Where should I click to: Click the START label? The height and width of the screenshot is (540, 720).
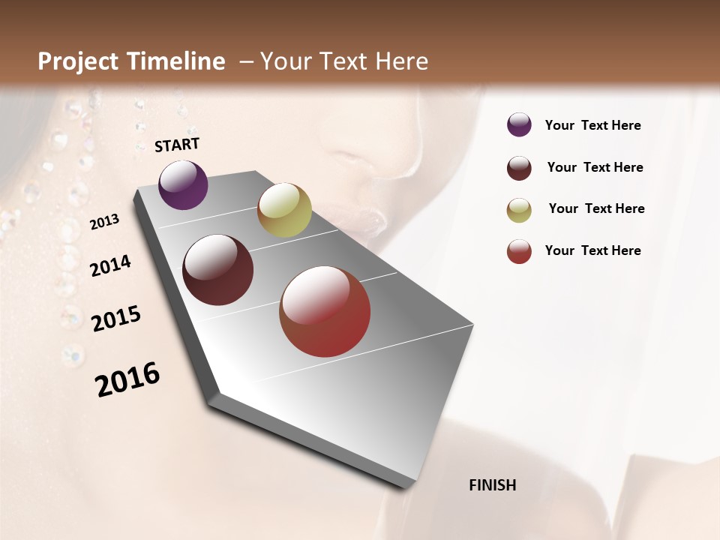[177, 145]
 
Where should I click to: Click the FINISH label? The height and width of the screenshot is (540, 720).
[492, 485]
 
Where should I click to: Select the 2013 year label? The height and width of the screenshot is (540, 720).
[104, 222]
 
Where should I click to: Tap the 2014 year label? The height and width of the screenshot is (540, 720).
[110, 265]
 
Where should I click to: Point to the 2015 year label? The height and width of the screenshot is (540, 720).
[116, 319]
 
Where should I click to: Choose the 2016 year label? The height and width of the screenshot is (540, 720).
[127, 379]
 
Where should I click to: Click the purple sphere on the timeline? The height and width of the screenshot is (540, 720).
[183, 184]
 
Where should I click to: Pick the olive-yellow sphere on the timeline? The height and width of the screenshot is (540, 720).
[284, 209]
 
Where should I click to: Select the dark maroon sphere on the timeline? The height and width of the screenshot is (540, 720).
[218, 270]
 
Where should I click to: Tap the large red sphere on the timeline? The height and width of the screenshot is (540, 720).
[325, 311]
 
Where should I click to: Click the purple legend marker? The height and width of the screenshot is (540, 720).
[519, 124]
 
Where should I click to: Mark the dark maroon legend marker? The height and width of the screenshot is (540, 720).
[519, 168]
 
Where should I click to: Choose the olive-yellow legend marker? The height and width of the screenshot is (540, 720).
[519, 210]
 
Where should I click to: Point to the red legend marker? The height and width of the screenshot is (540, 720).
[519, 251]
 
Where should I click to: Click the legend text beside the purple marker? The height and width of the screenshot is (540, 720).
[592, 125]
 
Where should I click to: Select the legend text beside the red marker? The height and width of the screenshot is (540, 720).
[592, 250]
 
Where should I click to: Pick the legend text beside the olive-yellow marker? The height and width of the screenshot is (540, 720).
[596, 208]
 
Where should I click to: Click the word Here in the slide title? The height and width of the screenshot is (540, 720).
[401, 61]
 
